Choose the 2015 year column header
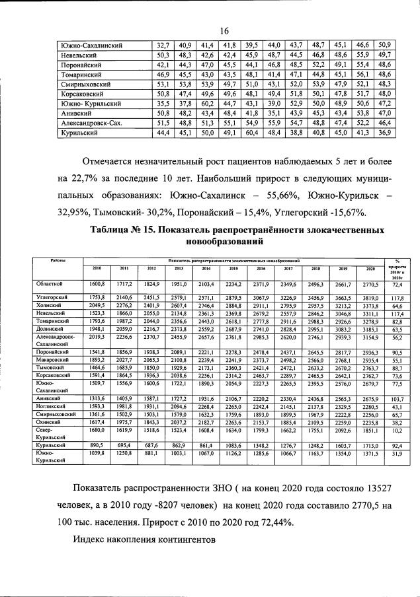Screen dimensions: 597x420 [x=233, y=270]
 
